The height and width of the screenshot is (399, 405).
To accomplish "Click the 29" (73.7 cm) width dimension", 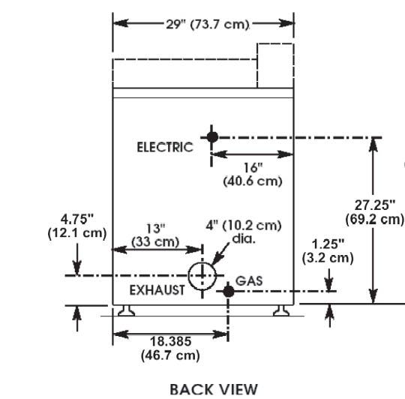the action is tap(208, 24).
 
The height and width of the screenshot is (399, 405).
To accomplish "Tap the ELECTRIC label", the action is tap(165, 147).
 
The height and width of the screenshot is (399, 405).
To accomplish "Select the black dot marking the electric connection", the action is tap(212, 136).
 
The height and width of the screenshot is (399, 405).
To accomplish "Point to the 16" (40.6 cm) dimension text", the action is tap(253, 174).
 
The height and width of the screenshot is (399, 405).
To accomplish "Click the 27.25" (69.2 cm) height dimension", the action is tap(374, 212).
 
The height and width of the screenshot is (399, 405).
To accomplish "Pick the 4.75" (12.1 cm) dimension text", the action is tap(77, 226).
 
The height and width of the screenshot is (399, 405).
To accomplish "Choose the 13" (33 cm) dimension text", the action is tap(155, 235).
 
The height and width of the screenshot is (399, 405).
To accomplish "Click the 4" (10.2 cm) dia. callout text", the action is tap(244, 232).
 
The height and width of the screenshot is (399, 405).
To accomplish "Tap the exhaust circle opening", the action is tap(202, 262).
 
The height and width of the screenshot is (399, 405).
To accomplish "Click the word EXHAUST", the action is tap(157, 290).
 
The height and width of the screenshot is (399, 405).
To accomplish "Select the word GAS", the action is tap(249, 281).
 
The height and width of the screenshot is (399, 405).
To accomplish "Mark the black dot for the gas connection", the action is tap(228, 292).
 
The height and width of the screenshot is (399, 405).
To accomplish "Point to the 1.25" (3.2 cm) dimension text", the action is tap(328, 251).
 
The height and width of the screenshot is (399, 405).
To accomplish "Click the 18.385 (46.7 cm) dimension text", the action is tap(170, 349).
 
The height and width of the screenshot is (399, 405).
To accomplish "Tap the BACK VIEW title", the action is tap(214, 389).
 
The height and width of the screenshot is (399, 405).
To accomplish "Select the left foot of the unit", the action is tap(126, 310).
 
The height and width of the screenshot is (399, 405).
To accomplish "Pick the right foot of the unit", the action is tap(281, 310).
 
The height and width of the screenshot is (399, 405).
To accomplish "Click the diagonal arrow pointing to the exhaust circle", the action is tap(220, 253).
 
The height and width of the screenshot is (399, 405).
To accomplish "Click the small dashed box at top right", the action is tap(275, 43).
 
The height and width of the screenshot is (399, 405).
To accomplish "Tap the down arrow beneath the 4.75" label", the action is tap(77, 259).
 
